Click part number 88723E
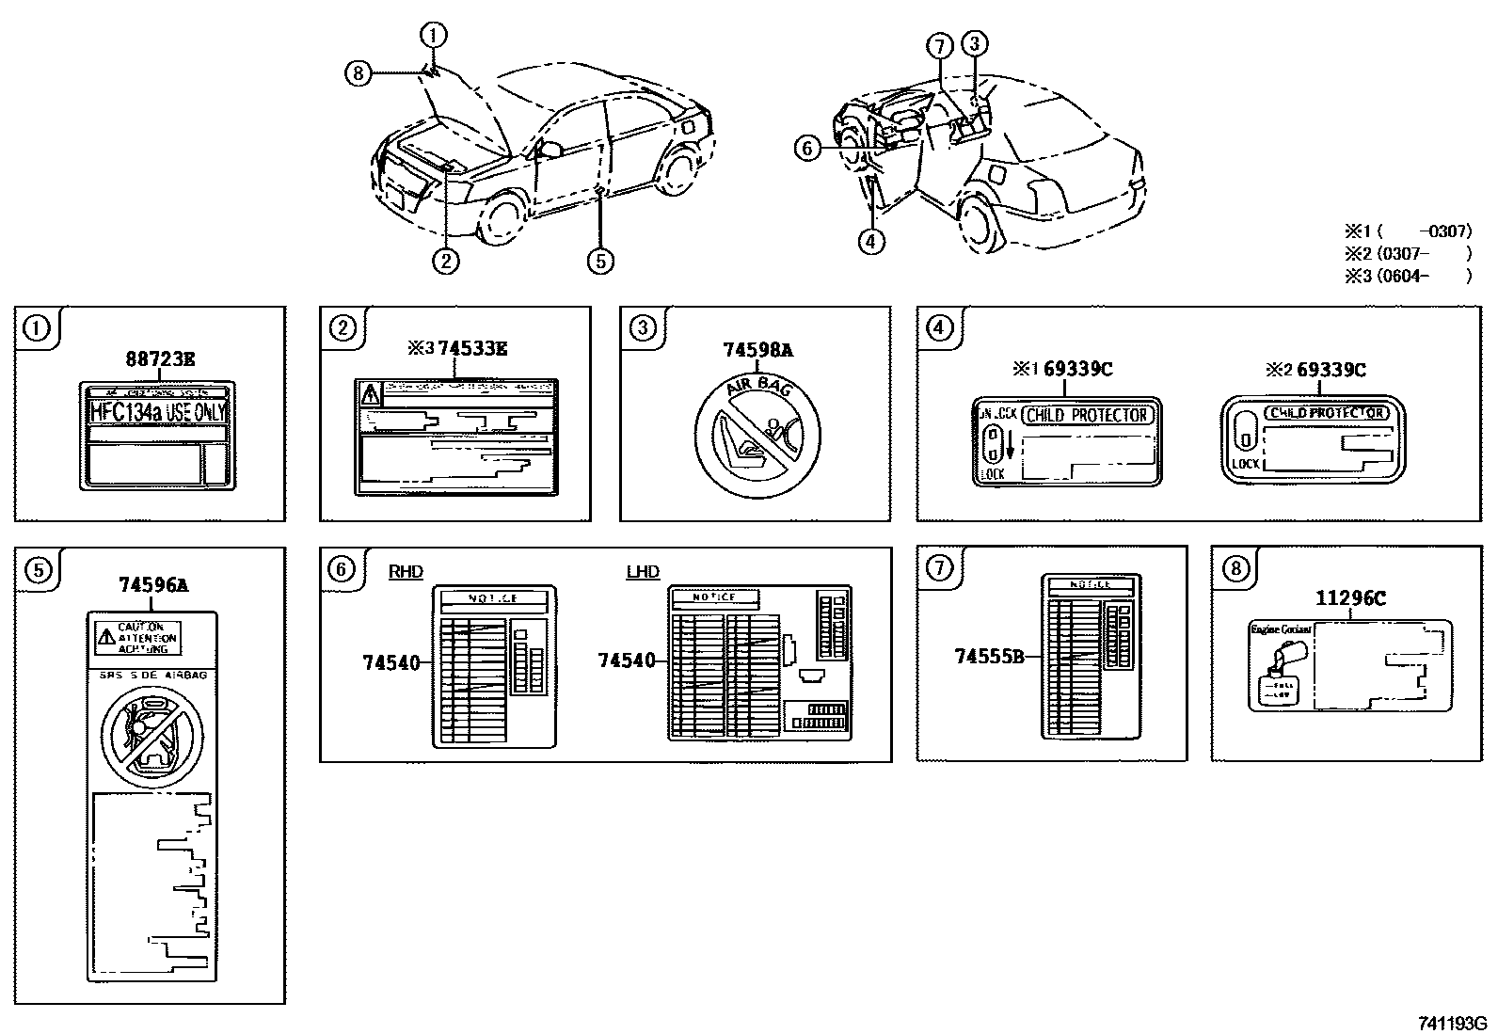[x=161, y=358]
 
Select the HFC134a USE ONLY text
[x=158, y=411]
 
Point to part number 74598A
[x=757, y=350]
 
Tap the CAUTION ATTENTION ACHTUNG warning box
[x=138, y=637]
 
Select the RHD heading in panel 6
[x=406, y=572]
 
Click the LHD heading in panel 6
[x=643, y=572]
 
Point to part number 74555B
[x=989, y=657]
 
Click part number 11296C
[x=1350, y=597]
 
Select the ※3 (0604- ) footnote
[x=1407, y=276]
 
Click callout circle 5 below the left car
[x=600, y=261]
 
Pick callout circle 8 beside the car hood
[x=359, y=72]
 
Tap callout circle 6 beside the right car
[x=807, y=148]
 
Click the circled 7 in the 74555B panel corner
[x=939, y=567]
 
